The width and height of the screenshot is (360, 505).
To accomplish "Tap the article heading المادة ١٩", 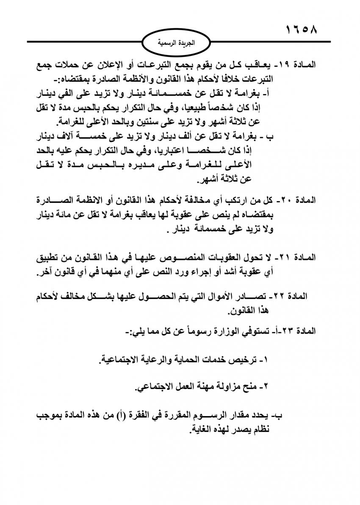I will [300, 66].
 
